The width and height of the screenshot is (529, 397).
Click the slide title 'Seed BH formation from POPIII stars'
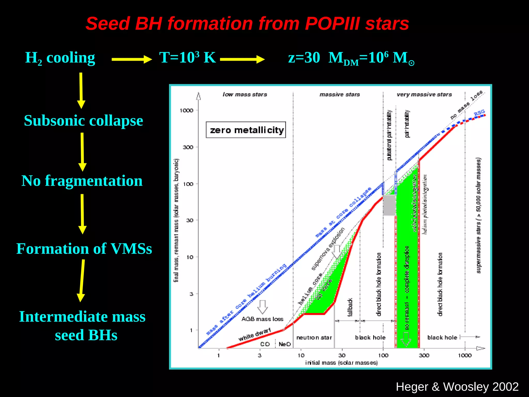click(247, 24)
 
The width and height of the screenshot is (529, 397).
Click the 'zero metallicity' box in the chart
click(246, 130)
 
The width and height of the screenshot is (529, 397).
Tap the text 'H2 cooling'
click(60, 58)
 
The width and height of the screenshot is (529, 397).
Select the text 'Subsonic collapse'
click(83, 121)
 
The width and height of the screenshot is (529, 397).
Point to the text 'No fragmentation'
click(82, 181)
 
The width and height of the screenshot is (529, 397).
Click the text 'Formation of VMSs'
click(84, 249)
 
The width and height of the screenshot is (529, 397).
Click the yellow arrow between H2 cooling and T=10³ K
click(131, 59)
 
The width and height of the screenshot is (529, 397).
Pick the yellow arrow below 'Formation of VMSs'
click(82, 280)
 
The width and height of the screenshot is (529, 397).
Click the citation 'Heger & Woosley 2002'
click(457, 387)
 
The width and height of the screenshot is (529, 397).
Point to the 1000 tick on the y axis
click(186, 111)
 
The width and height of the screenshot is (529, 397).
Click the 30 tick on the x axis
click(342, 355)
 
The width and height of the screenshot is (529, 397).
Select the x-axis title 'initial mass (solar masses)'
click(341, 363)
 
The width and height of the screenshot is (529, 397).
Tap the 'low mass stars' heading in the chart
click(245, 95)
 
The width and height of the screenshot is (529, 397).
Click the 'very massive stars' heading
click(424, 95)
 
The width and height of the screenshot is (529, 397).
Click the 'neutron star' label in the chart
click(314, 338)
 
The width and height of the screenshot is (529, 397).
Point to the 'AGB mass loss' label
click(262, 319)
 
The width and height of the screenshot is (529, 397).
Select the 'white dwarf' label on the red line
click(254, 334)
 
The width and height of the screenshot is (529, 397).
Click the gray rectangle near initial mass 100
click(389, 205)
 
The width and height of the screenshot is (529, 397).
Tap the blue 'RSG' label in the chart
click(479, 113)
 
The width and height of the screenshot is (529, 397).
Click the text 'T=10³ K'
click(188, 58)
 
